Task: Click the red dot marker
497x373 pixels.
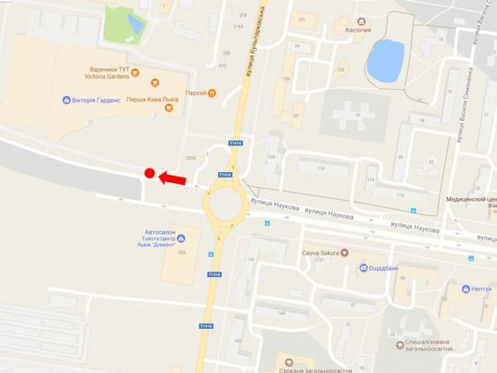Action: pyautogui.click(x=150, y=174)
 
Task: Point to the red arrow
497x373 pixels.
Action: pyautogui.click(x=174, y=179)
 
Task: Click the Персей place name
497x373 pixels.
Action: pyautogui.click(x=194, y=92)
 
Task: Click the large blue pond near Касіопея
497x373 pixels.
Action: pyautogui.click(x=386, y=58)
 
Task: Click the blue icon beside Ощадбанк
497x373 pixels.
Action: pyautogui.click(x=364, y=267)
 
